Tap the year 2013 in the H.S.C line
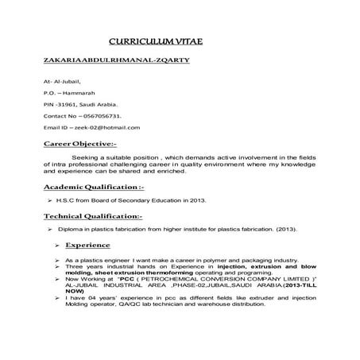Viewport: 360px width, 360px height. click(196, 200)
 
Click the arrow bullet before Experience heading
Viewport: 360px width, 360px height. click(56, 246)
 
